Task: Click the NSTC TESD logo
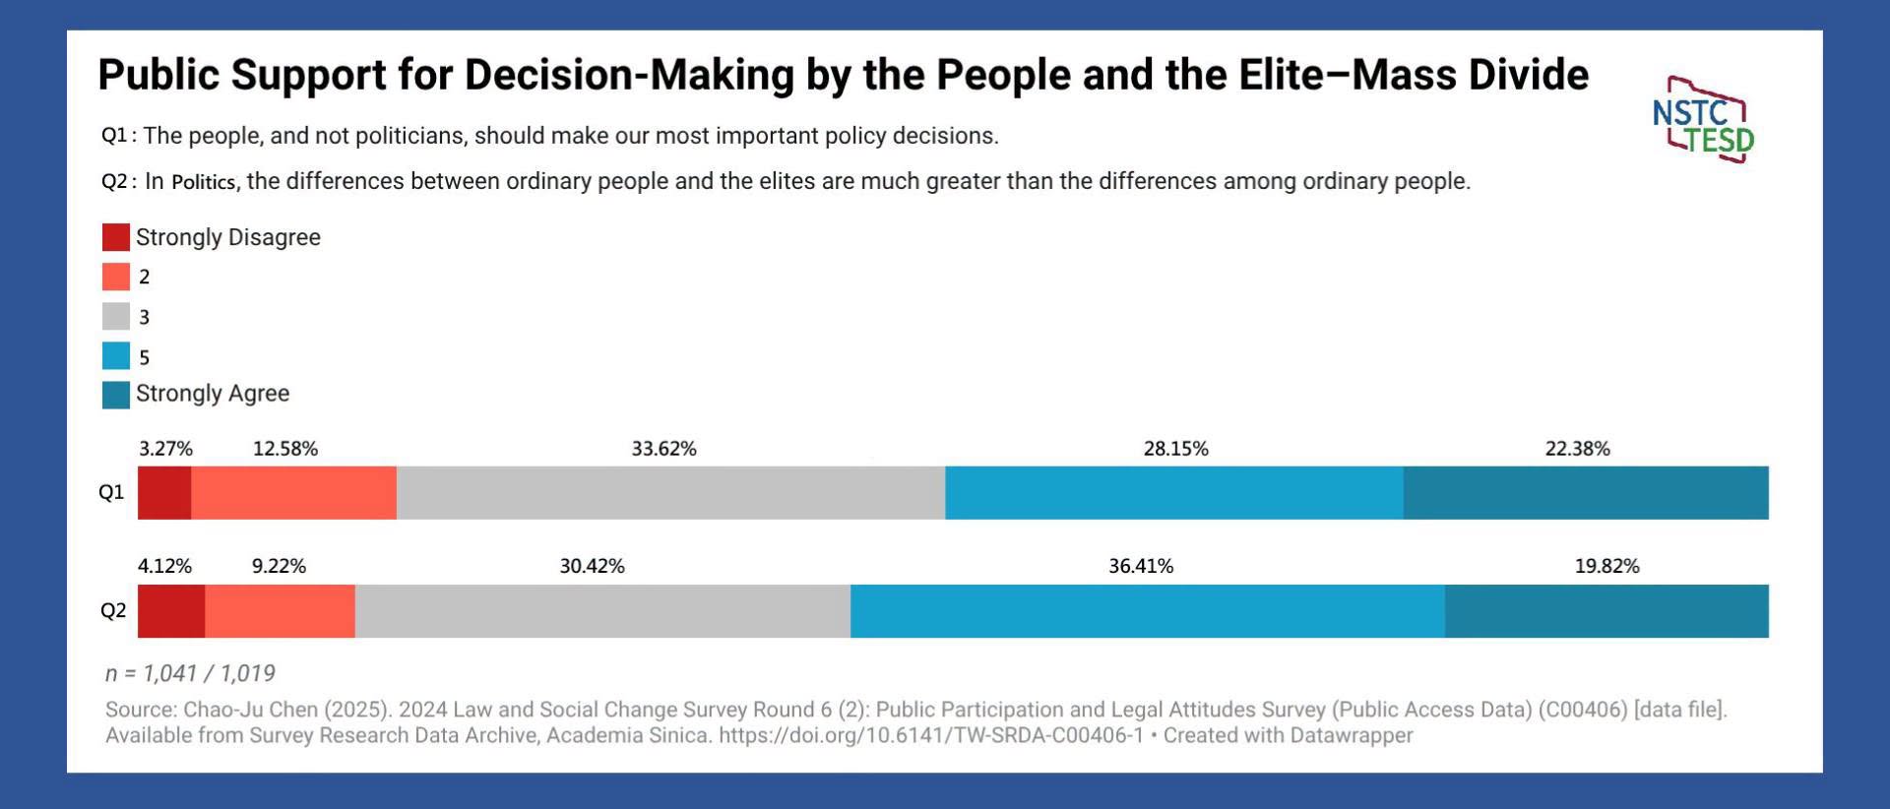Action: coord(1703,119)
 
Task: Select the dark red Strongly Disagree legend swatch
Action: coord(116,237)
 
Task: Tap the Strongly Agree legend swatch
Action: coord(116,395)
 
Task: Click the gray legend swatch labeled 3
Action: coord(116,316)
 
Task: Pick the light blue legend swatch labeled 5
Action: coord(116,355)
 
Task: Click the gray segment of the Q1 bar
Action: coord(671,493)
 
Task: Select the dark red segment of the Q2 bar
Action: coord(171,611)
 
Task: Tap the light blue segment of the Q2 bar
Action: coord(1148,611)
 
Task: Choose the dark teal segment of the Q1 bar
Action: coord(1586,493)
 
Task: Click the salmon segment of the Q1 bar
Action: coord(294,493)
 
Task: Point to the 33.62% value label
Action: coord(664,449)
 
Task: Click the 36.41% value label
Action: coord(1141,566)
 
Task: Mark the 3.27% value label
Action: coord(165,449)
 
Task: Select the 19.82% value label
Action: coord(1607,566)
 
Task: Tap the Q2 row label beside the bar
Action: coord(113,611)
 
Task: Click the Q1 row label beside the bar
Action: coord(111,492)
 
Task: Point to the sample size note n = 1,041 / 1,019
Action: coord(190,673)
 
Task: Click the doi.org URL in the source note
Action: coord(931,735)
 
